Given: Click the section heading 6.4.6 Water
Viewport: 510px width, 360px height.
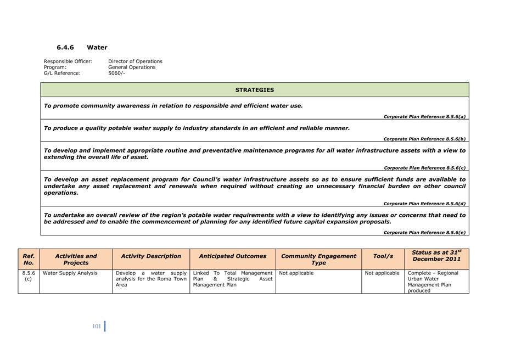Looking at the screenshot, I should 82,48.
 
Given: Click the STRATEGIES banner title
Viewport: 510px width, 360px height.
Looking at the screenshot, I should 255,90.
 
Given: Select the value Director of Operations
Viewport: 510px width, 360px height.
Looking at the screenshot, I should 135,61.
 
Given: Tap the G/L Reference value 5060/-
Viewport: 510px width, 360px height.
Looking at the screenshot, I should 116,73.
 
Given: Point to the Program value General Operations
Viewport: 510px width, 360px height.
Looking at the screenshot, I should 132,67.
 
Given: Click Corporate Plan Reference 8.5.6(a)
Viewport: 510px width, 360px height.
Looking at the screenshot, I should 424,116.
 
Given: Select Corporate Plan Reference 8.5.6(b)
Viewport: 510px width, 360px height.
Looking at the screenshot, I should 424,139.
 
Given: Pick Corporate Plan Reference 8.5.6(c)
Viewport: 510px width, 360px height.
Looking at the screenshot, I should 424,168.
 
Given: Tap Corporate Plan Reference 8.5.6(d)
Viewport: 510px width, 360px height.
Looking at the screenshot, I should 424,204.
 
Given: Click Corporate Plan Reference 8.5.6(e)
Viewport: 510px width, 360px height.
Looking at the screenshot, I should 424,233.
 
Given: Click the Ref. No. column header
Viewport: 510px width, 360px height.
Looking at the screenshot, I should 29,259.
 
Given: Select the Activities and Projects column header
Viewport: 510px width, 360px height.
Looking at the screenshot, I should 76,259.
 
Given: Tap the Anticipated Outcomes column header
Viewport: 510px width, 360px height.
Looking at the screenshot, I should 232,256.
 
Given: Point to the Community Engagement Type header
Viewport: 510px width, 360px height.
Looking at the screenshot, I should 318,259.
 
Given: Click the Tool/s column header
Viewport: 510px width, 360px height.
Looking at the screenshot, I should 383,256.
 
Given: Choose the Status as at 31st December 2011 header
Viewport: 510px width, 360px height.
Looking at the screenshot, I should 436,256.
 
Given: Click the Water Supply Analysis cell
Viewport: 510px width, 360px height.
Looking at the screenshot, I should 70,273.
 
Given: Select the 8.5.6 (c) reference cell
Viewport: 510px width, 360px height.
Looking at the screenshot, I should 29,276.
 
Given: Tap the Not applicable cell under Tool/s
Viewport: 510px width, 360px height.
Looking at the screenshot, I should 382,273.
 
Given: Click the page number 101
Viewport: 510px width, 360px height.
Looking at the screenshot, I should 97,327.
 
